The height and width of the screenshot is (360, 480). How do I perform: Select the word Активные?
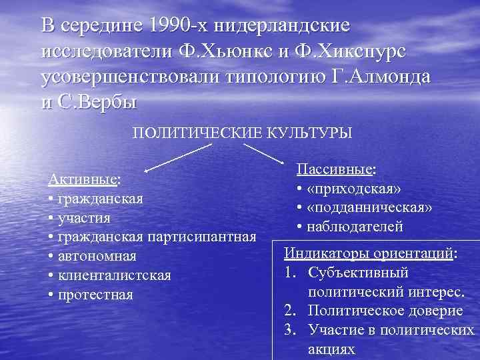[83, 180]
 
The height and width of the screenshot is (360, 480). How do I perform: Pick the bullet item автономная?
[96, 256]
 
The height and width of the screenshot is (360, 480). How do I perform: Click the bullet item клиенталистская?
[113, 275]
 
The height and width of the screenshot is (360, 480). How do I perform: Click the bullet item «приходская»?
[353, 189]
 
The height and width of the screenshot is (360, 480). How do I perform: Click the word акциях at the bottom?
[333, 349]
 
